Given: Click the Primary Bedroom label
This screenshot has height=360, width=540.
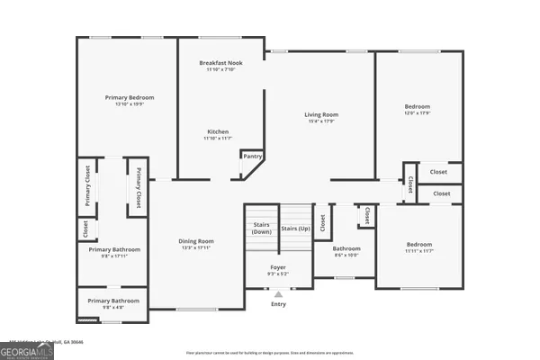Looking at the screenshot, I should click(x=129, y=97).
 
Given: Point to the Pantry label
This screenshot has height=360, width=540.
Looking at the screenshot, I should click(x=253, y=157).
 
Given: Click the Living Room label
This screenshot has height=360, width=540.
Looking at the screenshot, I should click(x=320, y=114).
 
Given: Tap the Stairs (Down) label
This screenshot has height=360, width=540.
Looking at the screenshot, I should click(x=262, y=228).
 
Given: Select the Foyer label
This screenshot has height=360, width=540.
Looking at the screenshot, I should click(x=278, y=267).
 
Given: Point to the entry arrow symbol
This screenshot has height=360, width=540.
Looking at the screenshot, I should click(x=278, y=293).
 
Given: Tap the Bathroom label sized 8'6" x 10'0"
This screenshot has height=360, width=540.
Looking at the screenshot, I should click(x=346, y=248).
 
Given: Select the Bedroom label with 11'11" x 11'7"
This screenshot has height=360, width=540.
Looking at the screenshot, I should click(x=418, y=244).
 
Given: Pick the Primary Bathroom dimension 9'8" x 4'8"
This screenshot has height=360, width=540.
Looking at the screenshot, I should click(x=113, y=307).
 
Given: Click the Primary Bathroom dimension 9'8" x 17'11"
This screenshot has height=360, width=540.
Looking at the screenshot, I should click(x=113, y=256).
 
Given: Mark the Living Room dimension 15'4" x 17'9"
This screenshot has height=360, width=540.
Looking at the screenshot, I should click(x=320, y=121).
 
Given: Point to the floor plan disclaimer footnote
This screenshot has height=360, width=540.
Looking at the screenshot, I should click(x=269, y=353).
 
